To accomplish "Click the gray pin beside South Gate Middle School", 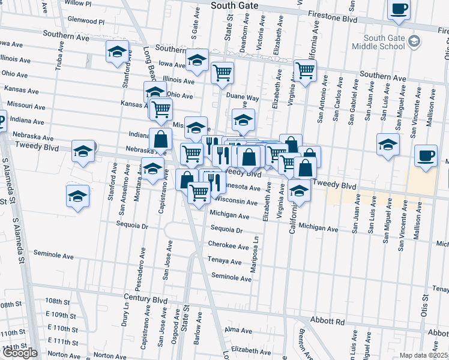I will click(x=413, y=41).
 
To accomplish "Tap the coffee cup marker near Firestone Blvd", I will click(x=399, y=10).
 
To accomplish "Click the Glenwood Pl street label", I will click(x=86, y=20).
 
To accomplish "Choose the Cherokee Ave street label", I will click(x=228, y=245).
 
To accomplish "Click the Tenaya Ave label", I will click(x=224, y=262).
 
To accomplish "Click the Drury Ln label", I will click(x=125, y=314).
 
